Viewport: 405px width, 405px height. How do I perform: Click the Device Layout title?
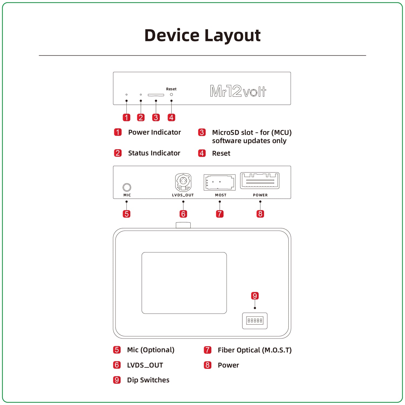(x=202, y=35)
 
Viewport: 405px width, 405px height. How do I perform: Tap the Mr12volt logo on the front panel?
(x=238, y=91)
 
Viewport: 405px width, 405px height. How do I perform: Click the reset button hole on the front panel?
(x=171, y=94)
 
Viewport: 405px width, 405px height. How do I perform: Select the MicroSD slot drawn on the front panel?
(x=156, y=95)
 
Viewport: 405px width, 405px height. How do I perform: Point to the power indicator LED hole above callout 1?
(x=126, y=95)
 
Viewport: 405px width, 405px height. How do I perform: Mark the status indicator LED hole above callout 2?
(x=141, y=95)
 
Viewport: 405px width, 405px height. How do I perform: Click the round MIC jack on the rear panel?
(x=127, y=187)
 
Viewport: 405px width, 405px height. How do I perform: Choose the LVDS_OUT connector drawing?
(x=183, y=182)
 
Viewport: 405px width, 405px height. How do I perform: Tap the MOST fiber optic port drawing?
(x=219, y=182)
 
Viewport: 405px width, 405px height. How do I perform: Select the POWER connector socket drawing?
(x=260, y=180)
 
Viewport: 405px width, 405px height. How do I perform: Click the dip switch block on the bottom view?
(x=255, y=321)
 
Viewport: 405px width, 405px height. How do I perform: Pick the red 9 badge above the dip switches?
(x=255, y=296)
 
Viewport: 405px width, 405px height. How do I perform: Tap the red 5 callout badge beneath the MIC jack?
(x=126, y=214)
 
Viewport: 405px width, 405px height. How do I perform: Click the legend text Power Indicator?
(x=154, y=132)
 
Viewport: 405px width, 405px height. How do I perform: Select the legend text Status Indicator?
(x=154, y=153)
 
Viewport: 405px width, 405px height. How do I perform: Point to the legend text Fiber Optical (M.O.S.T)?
(x=254, y=350)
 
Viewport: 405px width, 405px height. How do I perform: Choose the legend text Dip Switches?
(x=148, y=380)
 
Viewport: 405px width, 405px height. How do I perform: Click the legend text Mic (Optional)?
(x=151, y=350)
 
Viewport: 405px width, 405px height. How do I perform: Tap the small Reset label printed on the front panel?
(x=171, y=89)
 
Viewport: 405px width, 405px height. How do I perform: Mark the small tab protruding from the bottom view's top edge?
(x=183, y=225)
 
